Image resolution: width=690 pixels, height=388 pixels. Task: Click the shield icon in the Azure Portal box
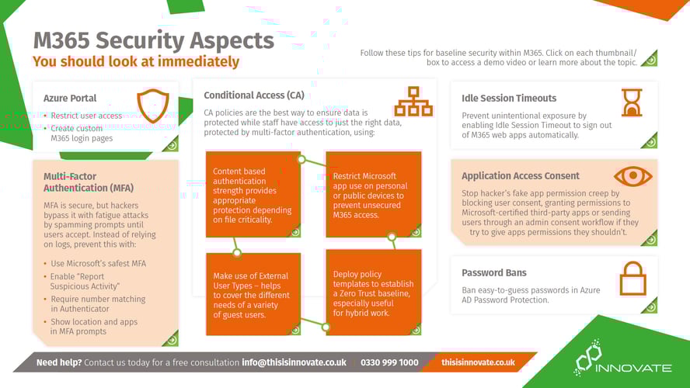point(152,106)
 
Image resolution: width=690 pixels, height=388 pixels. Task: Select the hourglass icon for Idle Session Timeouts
point(631,102)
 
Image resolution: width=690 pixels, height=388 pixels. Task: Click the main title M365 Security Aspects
point(153,40)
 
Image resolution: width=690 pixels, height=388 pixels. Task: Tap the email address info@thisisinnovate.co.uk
point(294,362)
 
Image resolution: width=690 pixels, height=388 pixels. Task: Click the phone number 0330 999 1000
point(389,362)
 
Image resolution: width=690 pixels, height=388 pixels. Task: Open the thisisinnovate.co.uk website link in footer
point(478,362)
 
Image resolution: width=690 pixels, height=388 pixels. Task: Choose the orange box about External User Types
point(253,293)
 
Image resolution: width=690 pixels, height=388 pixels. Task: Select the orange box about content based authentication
point(253,194)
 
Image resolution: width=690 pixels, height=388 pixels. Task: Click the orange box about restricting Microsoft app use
point(373,194)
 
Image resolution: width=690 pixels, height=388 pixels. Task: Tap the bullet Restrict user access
point(86,116)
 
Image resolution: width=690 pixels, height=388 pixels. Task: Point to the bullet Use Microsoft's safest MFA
point(98,263)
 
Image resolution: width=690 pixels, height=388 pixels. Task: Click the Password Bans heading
point(494,272)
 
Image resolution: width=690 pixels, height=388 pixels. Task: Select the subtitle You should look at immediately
point(136,61)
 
